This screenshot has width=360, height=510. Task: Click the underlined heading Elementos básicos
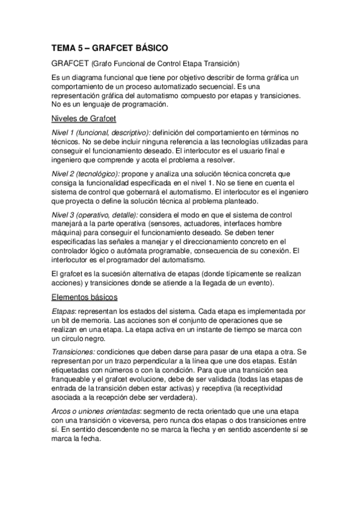click(85, 297)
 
